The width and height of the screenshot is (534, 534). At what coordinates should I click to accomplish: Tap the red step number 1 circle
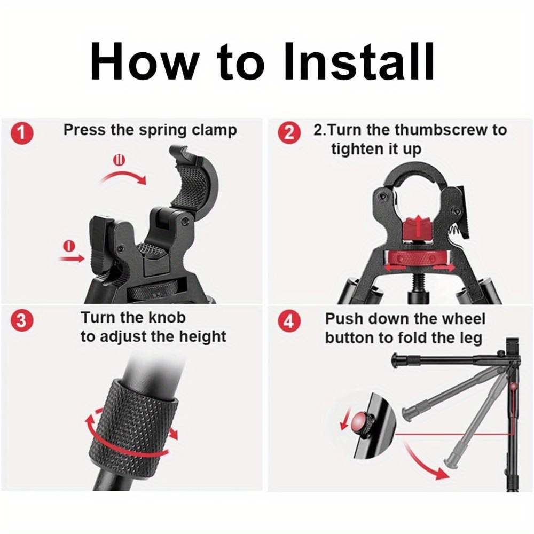click(22, 133)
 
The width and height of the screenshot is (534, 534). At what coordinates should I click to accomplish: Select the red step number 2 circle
click(289, 133)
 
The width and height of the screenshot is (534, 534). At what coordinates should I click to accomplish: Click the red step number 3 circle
click(22, 321)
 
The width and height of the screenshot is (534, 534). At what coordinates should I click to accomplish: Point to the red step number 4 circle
click(289, 321)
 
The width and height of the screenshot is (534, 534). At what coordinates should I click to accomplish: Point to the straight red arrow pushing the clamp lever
click(72, 259)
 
